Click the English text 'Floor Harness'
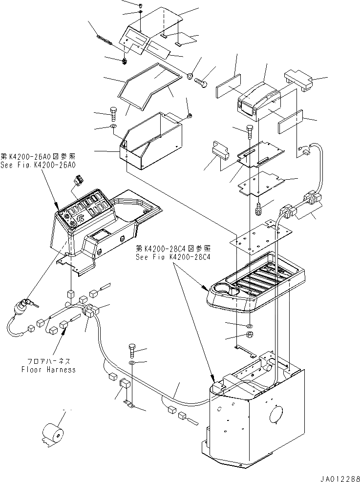coord(48,370)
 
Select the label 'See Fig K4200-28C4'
coord(173,257)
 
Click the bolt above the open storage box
coord(114,113)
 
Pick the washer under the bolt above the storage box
coord(113,128)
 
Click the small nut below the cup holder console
coord(249,335)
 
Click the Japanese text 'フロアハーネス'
coord(49,361)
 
